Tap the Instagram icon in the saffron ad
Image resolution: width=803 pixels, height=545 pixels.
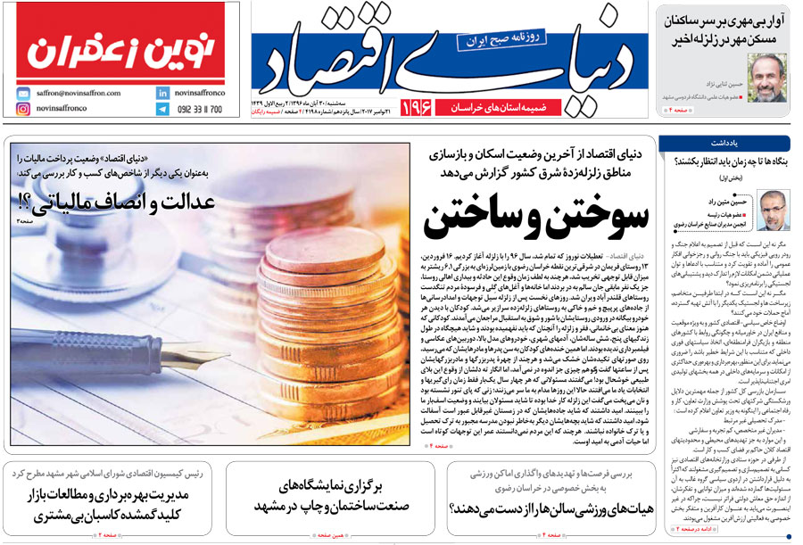(x=22, y=109)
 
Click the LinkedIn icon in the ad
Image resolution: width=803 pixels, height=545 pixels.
(x=162, y=92)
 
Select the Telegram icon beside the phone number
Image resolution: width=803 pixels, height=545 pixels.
(x=162, y=109)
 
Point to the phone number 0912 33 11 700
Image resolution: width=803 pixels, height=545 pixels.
(x=201, y=109)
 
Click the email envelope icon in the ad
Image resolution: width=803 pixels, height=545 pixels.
(x=22, y=92)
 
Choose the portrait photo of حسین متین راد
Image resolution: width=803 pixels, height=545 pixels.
(x=773, y=211)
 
